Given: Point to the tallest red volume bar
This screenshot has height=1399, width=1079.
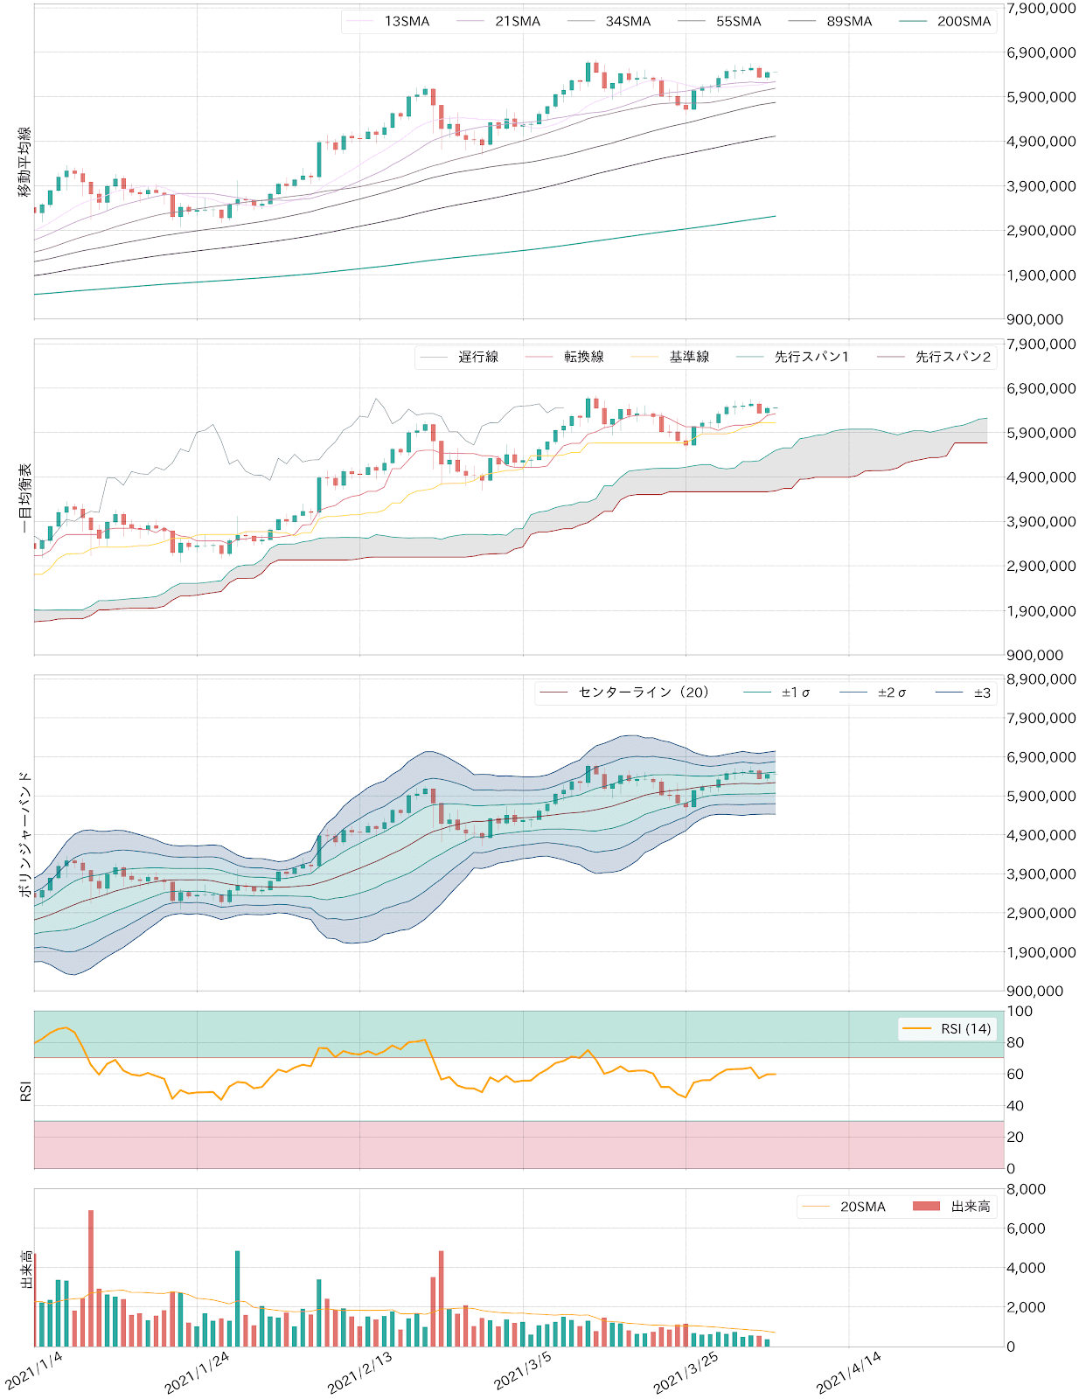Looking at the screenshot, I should click(91, 1277).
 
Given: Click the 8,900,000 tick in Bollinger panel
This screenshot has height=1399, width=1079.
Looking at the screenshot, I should click(1041, 679).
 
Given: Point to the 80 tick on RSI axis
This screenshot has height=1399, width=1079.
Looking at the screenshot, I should click(1015, 1042).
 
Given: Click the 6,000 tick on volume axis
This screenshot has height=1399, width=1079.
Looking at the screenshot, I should click(1026, 1228).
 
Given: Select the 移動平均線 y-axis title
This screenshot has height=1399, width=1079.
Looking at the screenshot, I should click(24, 161).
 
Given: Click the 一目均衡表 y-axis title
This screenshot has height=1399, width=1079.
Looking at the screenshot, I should click(24, 498).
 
